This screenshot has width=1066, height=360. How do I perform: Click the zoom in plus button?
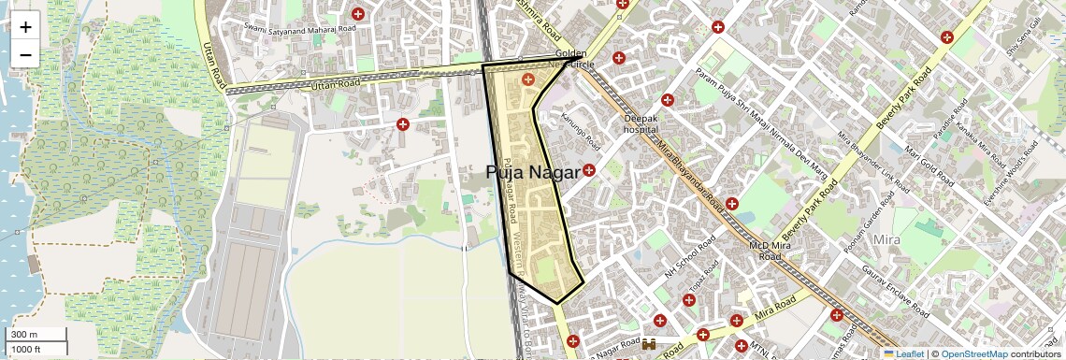25,26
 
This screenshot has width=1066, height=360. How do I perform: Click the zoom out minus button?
25,54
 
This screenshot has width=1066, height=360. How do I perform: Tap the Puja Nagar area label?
533,173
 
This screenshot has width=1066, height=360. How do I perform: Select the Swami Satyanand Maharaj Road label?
300,28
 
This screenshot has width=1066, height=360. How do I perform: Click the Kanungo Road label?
580,131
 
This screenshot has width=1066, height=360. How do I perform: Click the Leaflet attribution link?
903,353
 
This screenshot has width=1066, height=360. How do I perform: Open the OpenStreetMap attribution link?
973,353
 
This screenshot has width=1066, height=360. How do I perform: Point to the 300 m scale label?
24,335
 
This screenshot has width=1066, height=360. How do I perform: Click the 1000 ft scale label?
26,349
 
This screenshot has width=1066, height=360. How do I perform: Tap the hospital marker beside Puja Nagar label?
589,170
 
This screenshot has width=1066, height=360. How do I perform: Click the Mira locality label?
885,240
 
